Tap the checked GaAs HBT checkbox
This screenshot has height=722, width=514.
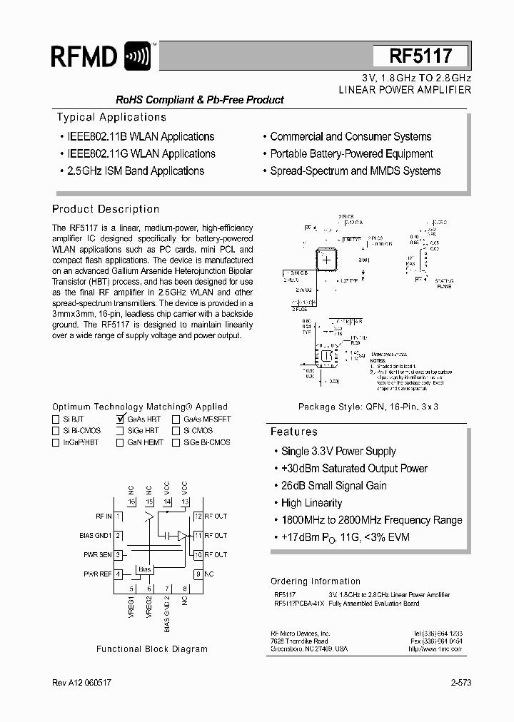coord(120,420)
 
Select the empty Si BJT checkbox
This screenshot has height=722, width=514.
coord(56,420)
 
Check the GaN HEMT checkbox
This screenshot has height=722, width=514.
coord(120,442)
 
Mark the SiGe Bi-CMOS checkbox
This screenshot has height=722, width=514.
coord(176,442)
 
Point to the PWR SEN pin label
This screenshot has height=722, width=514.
coord(98,554)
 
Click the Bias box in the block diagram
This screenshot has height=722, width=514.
coord(145,569)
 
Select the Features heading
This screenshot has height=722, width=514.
coord(293,432)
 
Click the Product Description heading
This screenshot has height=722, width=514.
coord(106,209)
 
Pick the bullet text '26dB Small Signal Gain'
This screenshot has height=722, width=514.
coord(333,486)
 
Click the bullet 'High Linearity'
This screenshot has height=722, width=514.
coord(311,503)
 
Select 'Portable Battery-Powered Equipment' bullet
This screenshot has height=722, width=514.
coord(351,154)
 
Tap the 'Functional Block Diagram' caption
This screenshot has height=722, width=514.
coord(152,649)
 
